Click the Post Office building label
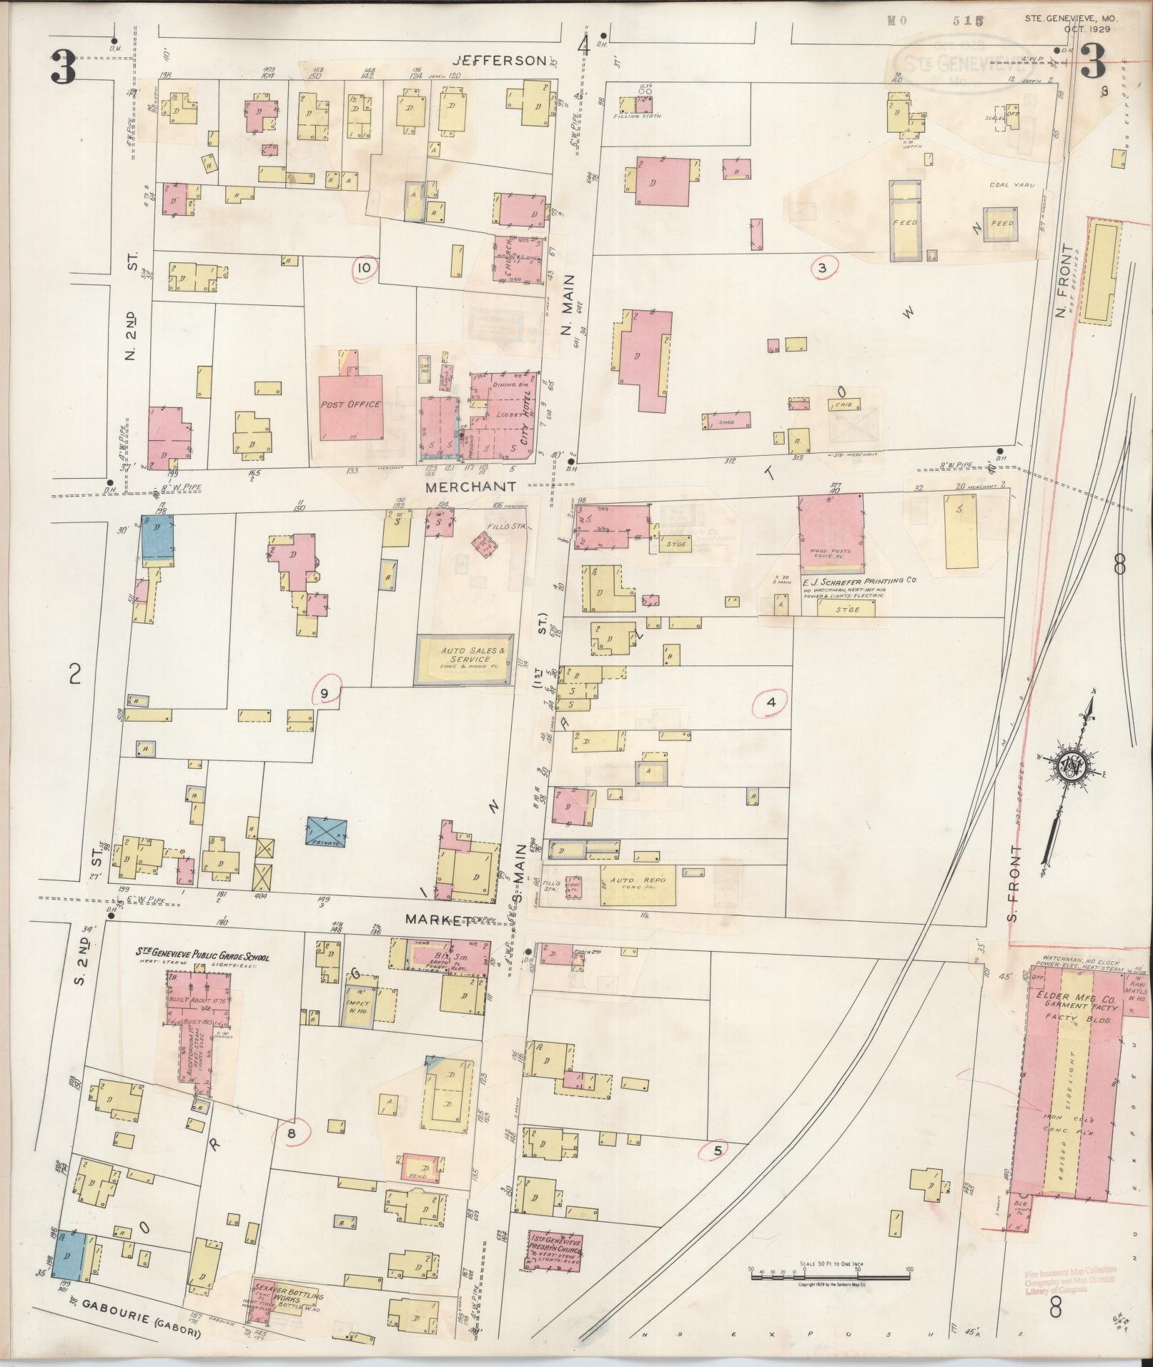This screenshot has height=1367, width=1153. point(350,404)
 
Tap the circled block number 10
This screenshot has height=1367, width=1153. point(365,268)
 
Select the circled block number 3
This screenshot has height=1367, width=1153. point(822,268)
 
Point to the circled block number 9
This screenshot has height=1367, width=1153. point(325,692)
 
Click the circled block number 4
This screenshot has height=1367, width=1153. point(771,702)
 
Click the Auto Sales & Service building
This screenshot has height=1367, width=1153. point(465,660)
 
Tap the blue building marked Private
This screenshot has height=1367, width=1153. point(326,833)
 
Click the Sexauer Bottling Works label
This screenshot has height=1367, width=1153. point(288,1295)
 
